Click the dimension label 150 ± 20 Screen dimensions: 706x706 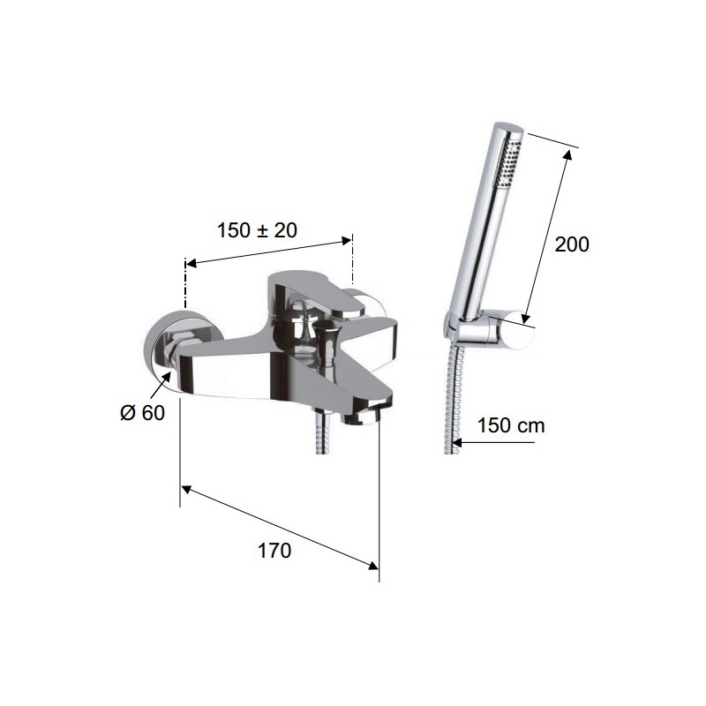[x=257, y=230]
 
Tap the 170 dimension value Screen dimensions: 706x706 [x=274, y=551]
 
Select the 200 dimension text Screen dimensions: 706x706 [x=571, y=244]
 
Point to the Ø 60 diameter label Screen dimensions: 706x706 [x=142, y=413]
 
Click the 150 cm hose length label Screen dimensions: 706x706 [x=511, y=425]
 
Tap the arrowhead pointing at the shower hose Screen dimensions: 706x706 [x=456, y=443]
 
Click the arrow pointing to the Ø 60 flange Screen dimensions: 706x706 [x=161, y=385]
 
